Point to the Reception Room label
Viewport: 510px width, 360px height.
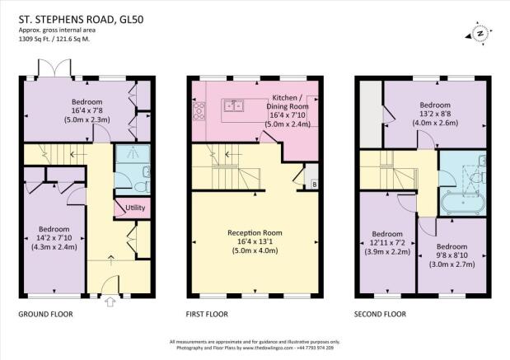[255, 233]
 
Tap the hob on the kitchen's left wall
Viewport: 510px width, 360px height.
[197, 111]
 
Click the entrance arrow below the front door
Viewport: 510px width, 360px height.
[110, 302]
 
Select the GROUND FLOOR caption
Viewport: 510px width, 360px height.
[50, 314]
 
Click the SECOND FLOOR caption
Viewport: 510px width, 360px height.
[380, 314]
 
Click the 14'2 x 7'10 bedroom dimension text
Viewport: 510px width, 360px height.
[53, 238]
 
